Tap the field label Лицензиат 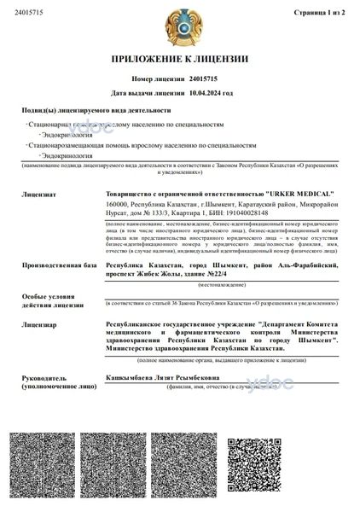coord(40,195)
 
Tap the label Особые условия coord(49,295)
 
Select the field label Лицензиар coord(40,325)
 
